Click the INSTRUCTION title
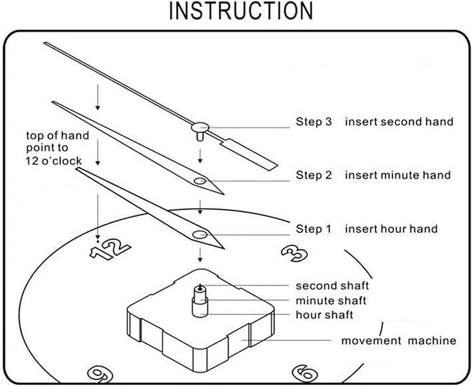coord(241,11)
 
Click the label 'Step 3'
coord(314,122)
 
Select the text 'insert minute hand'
coord(398,175)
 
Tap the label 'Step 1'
coord(314,229)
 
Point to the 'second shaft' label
coord(332,285)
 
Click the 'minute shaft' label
coord(331,301)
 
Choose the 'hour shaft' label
coord(324,315)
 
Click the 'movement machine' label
coord(398,340)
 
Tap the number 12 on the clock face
coord(109,249)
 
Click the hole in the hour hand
coord(199,235)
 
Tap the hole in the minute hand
coord(199,181)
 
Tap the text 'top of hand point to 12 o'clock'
coord(57,148)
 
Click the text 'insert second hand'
coord(399,122)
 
